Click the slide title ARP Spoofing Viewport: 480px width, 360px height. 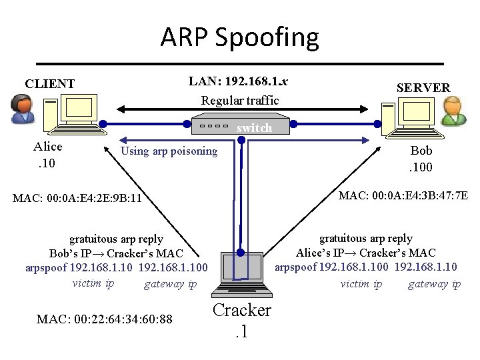tap(239, 37)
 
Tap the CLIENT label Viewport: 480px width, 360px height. tap(50, 84)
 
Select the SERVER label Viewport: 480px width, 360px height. tap(423, 87)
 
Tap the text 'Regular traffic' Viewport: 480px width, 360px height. tap(240, 101)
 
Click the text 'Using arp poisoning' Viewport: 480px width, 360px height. tap(169, 151)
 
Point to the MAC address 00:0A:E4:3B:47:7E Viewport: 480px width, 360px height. tap(403, 195)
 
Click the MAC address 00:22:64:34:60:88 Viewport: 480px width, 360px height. tap(105, 319)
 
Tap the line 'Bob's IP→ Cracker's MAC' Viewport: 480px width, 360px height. tap(117, 253)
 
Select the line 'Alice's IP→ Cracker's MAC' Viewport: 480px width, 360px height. tap(365, 253)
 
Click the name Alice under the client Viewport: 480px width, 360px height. tap(48, 147)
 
